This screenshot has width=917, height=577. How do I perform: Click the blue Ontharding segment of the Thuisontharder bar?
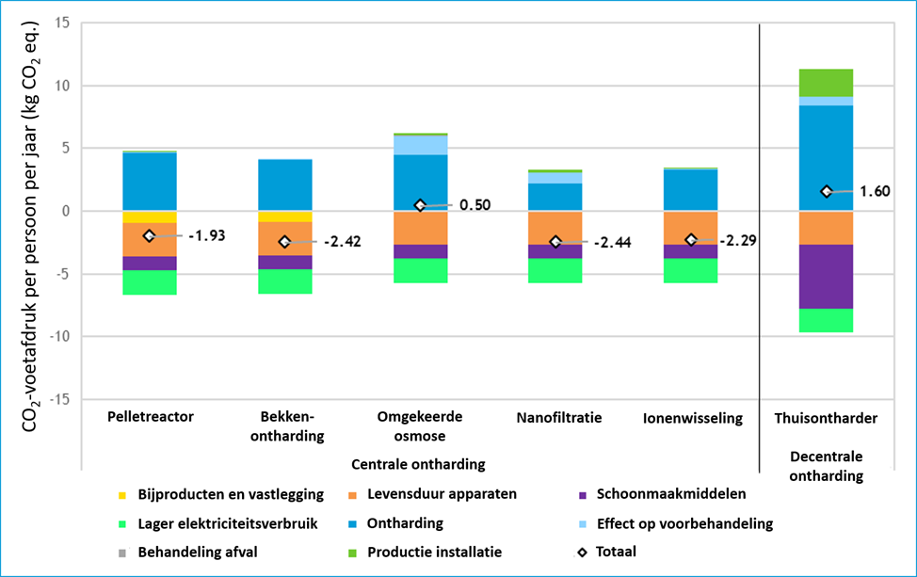(826, 158)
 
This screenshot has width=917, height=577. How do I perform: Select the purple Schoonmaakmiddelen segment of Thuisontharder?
(826, 277)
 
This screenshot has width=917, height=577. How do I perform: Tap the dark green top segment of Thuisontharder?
(826, 83)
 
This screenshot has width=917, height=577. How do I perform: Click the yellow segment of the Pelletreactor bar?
(150, 216)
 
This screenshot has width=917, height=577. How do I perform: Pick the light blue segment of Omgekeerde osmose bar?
(421, 145)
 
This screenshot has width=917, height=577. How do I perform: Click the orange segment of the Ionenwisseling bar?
(691, 228)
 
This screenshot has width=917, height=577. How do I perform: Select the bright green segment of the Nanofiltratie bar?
(555, 271)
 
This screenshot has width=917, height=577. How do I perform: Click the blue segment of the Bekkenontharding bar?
(285, 184)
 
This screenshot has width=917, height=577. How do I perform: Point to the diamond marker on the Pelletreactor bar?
(149, 235)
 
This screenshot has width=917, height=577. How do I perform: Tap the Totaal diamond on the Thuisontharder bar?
(827, 191)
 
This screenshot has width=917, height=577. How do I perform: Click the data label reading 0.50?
(475, 205)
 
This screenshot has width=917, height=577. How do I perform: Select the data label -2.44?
(612, 243)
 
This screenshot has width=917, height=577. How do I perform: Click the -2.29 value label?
(738, 240)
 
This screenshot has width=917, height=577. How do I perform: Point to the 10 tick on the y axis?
(62, 86)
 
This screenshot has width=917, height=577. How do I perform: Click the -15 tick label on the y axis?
(59, 399)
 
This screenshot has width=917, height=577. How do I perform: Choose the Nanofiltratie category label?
(559, 417)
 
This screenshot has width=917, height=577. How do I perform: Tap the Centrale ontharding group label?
(418, 464)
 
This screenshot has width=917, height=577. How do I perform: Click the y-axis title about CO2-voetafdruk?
(29, 227)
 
